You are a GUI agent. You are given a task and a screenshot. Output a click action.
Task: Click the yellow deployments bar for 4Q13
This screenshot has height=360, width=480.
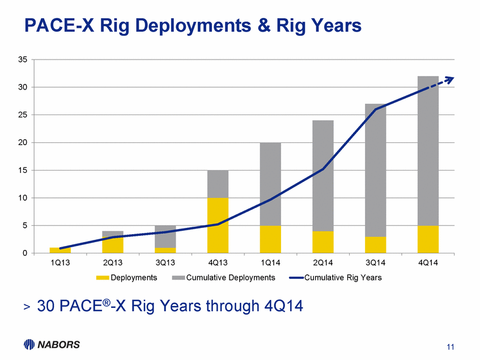tap(218, 225)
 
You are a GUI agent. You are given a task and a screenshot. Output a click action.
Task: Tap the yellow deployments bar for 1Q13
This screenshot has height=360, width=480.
tap(60, 251)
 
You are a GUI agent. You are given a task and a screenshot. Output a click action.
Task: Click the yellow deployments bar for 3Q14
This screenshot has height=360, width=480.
tap(375, 245)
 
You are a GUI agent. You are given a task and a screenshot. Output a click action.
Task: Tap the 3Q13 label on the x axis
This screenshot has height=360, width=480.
tap(165, 264)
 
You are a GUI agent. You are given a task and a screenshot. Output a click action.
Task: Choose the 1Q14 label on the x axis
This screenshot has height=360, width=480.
tap(270, 264)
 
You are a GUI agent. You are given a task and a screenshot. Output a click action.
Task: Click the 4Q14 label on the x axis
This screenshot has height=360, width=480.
tap(428, 264)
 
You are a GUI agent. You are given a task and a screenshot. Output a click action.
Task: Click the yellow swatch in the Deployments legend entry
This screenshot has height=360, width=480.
tap(101, 278)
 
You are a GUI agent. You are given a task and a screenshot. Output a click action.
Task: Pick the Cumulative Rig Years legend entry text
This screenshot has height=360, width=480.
tap(343, 278)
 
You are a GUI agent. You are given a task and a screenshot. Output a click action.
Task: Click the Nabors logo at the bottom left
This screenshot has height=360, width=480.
tap(52, 344)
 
